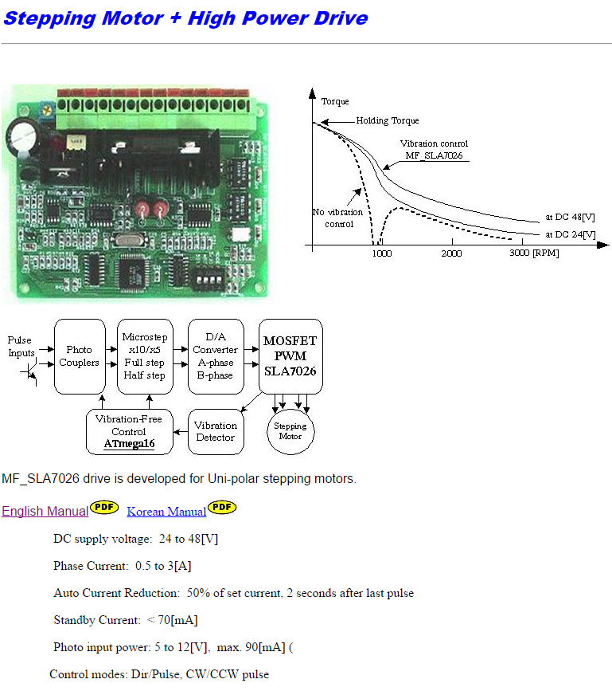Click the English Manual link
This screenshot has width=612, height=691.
click(x=45, y=511)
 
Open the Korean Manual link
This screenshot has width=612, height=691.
click(x=166, y=512)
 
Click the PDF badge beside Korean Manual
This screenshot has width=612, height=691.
click(x=222, y=507)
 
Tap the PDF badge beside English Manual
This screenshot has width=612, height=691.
click(x=104, y=507)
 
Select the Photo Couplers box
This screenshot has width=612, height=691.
click(x=80, y=356)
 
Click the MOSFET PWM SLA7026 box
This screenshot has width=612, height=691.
click(x=290, y=356)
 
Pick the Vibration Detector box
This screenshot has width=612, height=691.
click(x=216, y=432)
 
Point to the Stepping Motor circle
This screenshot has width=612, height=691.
click(x=290, y=431)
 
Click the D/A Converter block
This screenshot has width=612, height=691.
click(x=216, y=356)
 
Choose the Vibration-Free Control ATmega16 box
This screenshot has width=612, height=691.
click(x=130, y=432)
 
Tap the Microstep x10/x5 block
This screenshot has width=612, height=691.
click(x=145, y=356)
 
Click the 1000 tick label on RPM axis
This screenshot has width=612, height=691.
click(x=382, y=253)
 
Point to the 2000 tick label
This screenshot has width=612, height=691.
click(x=451, y=253)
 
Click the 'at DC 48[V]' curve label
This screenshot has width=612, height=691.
click(x=570, y=218)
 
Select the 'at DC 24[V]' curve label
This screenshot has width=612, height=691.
click(x=570, y=235)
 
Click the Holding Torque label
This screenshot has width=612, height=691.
click(x=387, y=121)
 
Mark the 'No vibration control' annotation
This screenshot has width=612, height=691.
click(x=338, y=218)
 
